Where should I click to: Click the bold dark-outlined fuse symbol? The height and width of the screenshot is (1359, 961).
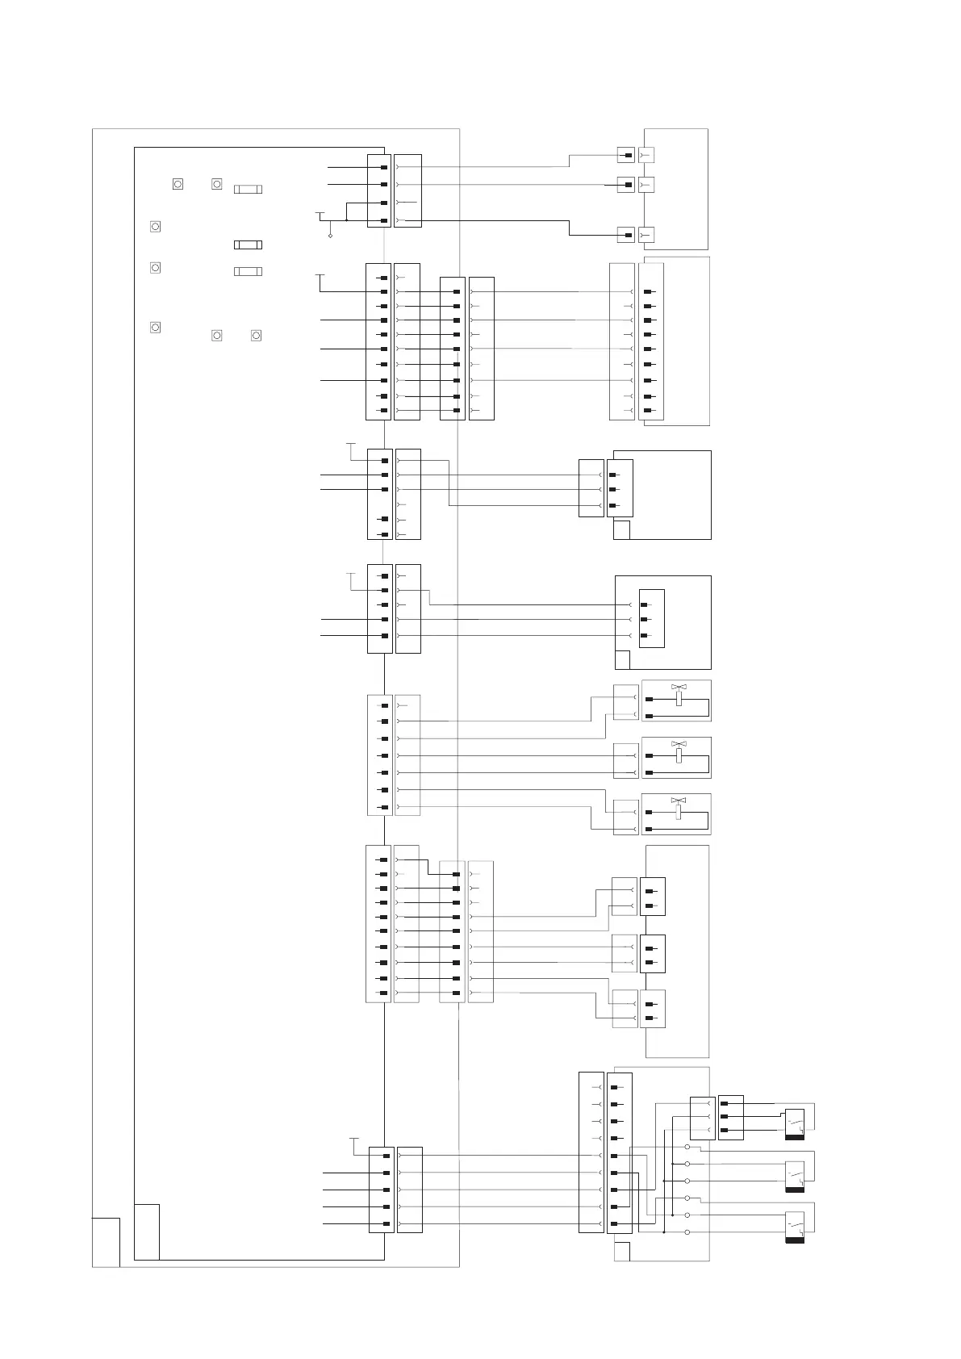pos(248,245)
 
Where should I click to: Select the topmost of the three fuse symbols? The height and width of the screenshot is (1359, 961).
pos(248,189)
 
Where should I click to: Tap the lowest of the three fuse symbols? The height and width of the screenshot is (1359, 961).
pos(248,271)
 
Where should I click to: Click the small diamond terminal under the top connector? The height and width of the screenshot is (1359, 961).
pos(330,236)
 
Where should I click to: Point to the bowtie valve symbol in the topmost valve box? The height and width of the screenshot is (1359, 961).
pos(679,688)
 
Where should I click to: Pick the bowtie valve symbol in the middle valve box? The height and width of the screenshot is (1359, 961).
pos(679,743)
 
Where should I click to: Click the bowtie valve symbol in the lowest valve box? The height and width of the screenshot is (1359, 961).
pos(679,801)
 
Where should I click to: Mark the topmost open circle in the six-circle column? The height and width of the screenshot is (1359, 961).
pos(687,1147)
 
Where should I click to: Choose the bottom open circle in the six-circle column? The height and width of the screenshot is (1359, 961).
pos(687,1232)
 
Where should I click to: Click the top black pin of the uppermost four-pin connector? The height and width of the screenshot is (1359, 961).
pos(384,167)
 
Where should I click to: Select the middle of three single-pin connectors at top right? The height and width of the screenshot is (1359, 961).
pos(626,185)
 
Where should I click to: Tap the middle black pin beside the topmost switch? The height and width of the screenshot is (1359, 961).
pos(725,1117)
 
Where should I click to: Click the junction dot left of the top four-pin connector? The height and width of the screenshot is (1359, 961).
pos(346,220)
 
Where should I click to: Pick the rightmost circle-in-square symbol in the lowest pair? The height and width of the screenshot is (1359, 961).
pos(256,335)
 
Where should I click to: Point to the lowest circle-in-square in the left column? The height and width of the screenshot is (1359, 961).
pos(156,327)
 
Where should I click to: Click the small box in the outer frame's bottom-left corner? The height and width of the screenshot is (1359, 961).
pos(106,1242)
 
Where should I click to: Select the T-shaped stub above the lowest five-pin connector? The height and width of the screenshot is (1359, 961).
pos(353,1139)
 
